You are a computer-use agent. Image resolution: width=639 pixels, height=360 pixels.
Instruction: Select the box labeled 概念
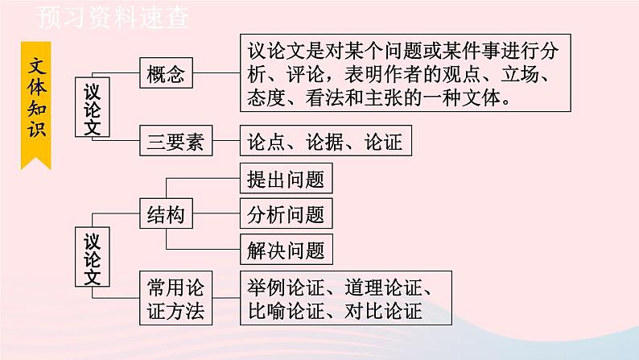click(x=166, y=75)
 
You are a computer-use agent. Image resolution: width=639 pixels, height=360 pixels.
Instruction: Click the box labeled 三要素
click(x=175, y=142)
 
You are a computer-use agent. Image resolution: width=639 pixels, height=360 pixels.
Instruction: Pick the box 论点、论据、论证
click(x=326, y=142)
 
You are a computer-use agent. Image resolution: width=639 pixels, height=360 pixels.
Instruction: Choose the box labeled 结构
click(x=166, y=214)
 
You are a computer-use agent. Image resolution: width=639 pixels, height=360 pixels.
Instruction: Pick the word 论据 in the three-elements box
click(x=324, y=142)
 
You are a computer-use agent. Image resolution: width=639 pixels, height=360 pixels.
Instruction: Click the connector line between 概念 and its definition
click(x=216, y=75)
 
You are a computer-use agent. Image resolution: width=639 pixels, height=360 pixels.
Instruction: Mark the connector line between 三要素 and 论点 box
click(x=225, y=142)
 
